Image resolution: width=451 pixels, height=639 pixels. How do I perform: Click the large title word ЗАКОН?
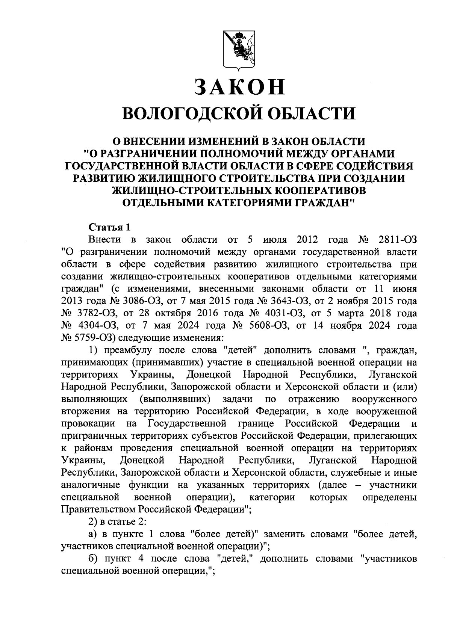239,87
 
